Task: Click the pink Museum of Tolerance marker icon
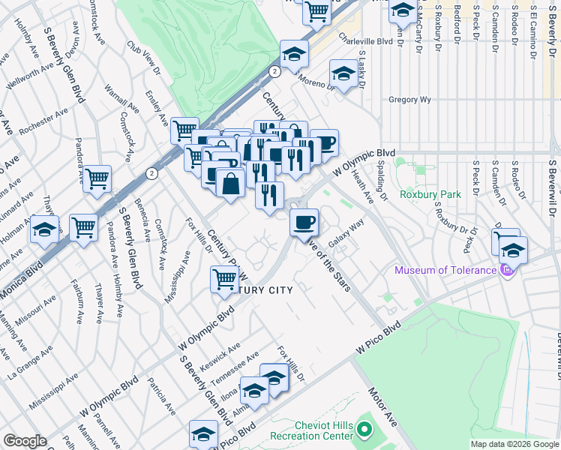(508, 269)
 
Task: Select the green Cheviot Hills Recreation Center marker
(364, 430)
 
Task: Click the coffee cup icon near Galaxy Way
(304, 222)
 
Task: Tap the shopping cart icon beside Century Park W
(225, 280)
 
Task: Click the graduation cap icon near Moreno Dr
(343, 74)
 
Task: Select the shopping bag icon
(231, 181)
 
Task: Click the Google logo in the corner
(25, 441)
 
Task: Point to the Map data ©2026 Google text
(514, 444)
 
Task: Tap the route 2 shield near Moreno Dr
(275, 71)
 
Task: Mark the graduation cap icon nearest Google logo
(203, 434)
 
